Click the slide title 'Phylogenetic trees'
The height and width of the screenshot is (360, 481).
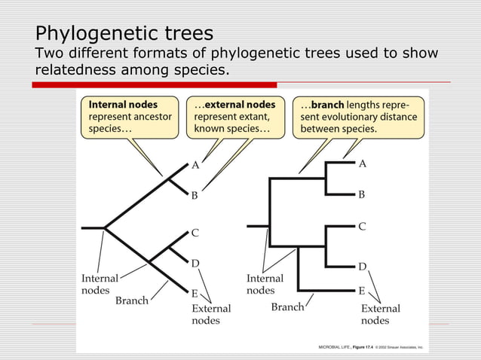coord(124,34)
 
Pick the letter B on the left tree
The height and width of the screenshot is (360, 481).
coord(195,194)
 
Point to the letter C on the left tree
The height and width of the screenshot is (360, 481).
coord(195,233)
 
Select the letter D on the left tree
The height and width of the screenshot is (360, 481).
coord(195,263)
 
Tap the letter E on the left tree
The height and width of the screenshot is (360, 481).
coord(195,293)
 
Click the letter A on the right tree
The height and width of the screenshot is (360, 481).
coord(363,163)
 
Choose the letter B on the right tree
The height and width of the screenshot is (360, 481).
coord(362,194)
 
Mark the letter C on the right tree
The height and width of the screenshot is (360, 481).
coord(362,225)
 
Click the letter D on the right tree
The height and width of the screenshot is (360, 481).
coord(362,267)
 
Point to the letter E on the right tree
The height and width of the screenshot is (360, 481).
coord(362,290)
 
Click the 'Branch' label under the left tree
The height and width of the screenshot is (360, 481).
coord(131,301)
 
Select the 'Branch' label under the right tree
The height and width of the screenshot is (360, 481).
coord(287,307)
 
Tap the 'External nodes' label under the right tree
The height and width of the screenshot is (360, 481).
coord(381,314)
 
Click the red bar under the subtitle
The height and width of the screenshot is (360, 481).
coord(154,85)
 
